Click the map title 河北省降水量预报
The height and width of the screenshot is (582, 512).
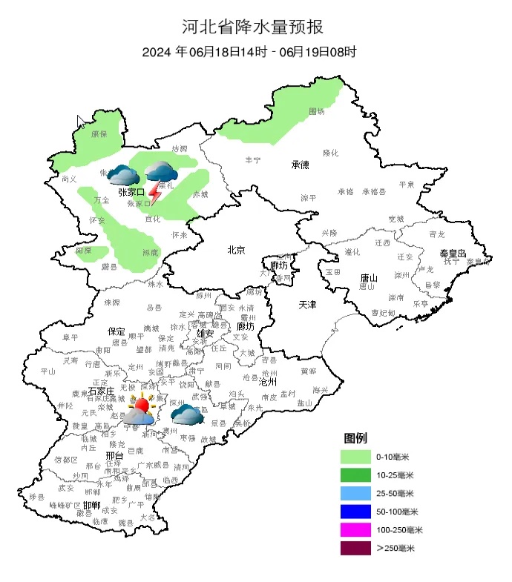(x=253, y=27)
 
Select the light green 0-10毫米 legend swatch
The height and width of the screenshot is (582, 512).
(x=355, y=456)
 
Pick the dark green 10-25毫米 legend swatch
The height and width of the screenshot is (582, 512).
(x=355, y=474)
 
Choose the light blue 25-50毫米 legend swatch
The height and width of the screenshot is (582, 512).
(x=355, y=493)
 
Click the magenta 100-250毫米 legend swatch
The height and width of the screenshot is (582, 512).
(x=355, y=530)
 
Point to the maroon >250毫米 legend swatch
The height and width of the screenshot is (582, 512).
(x=355, y=549)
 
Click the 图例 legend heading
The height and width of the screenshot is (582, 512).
(x=355, y=438)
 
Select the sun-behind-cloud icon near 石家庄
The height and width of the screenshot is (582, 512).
(x=140, y=409)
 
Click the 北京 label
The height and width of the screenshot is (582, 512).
(x=236, y=250)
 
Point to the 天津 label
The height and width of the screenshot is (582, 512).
(x=307, y=305)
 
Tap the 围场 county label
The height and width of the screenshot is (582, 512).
(x=317, y=111)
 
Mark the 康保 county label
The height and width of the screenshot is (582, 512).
(x=99, y=134)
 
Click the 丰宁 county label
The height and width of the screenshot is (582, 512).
(x=252, y=160)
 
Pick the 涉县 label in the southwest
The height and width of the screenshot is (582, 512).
(x=37, y=496)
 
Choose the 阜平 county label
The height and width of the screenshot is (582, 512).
(x=70, y=337)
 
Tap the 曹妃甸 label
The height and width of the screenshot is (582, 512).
(x=383, y=312)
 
